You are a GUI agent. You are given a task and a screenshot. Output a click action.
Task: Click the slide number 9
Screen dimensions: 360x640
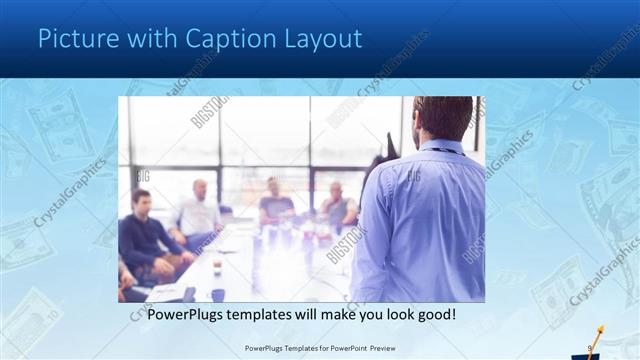coord(590,348)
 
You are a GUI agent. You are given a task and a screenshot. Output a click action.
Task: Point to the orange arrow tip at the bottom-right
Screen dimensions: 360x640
coord(602,328)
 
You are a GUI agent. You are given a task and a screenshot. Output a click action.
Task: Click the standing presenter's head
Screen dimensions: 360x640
coord(442,116)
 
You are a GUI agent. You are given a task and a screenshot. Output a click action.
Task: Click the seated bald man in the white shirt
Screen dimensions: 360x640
coord(199,209)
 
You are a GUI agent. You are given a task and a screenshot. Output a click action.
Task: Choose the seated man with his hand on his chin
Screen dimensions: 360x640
coord(337,205)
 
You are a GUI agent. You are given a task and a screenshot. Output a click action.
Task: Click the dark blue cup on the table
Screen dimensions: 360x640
coord(218,294)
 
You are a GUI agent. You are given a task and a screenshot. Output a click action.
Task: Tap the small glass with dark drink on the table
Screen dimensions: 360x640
coord(217,268)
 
